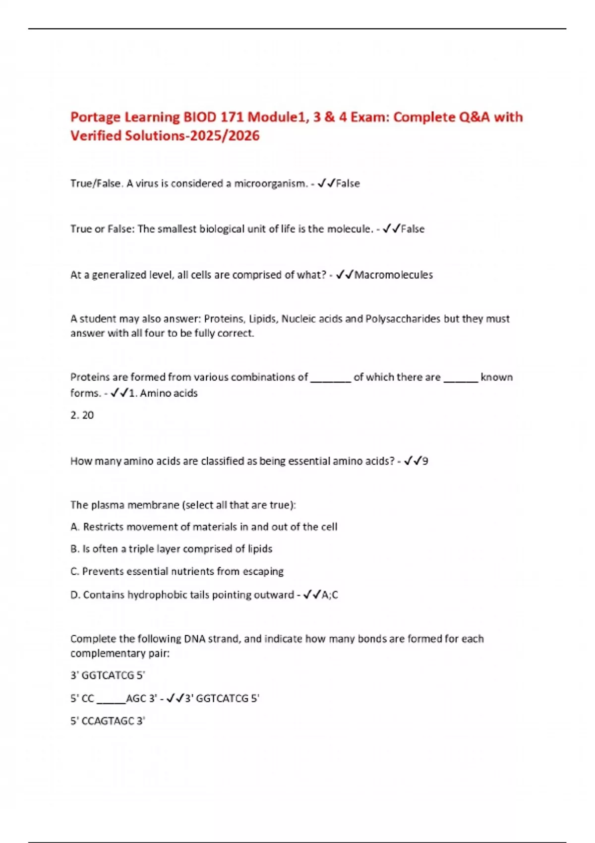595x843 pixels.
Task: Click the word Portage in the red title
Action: coord(95,118)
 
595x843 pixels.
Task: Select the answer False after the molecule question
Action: coord(413,229)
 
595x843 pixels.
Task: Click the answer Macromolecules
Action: coord(393,275)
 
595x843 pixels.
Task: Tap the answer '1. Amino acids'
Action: coord(163,393)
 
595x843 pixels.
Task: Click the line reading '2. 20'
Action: coord(82,416)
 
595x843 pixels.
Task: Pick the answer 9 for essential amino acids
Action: coord(425,461)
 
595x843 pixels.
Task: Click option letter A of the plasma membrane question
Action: coord(75,527)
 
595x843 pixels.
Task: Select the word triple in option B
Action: coord(141,549)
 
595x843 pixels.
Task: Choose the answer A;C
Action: coord(330,595)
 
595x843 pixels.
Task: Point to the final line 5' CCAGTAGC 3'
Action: coord(108,721)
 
